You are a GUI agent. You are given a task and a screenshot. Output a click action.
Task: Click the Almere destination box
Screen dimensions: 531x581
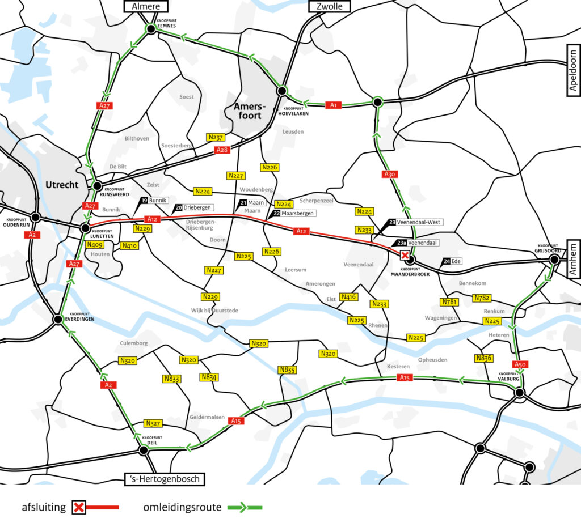(146, 6)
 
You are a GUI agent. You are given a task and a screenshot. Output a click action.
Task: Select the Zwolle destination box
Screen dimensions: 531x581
(329, 6)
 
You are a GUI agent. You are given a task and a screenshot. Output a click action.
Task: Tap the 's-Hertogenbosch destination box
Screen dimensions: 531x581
(163, 479)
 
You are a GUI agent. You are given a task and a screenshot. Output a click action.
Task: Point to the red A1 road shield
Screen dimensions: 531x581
(334, 105)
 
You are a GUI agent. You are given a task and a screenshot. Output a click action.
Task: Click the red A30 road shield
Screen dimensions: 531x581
(389, 175)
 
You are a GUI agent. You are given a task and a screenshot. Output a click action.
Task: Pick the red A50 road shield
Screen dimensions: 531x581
(520, 364)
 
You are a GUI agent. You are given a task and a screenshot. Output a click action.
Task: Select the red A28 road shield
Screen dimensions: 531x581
(222, 150)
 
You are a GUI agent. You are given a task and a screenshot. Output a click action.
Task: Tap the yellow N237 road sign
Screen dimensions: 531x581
(216, 137)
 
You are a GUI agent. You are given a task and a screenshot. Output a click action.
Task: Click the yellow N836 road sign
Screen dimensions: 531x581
(483, 358)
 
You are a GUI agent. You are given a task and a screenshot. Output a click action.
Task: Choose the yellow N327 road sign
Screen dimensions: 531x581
(153, 423)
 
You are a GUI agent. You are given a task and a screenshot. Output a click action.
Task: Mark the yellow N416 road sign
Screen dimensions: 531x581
(348, 296)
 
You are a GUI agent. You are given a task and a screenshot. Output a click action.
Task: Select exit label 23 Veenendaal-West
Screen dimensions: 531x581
(415, 223)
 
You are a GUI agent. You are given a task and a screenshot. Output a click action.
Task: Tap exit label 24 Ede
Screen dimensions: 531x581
(452, 261)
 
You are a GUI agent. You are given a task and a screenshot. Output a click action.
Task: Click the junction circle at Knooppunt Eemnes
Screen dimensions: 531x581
(151, 28)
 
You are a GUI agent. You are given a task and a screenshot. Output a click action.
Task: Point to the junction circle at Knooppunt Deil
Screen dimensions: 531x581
(144, 450)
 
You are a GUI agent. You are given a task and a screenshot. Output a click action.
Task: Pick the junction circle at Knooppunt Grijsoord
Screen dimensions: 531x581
(554, 260)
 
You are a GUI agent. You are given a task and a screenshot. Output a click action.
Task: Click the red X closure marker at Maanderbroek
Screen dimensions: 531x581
(405, 256)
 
